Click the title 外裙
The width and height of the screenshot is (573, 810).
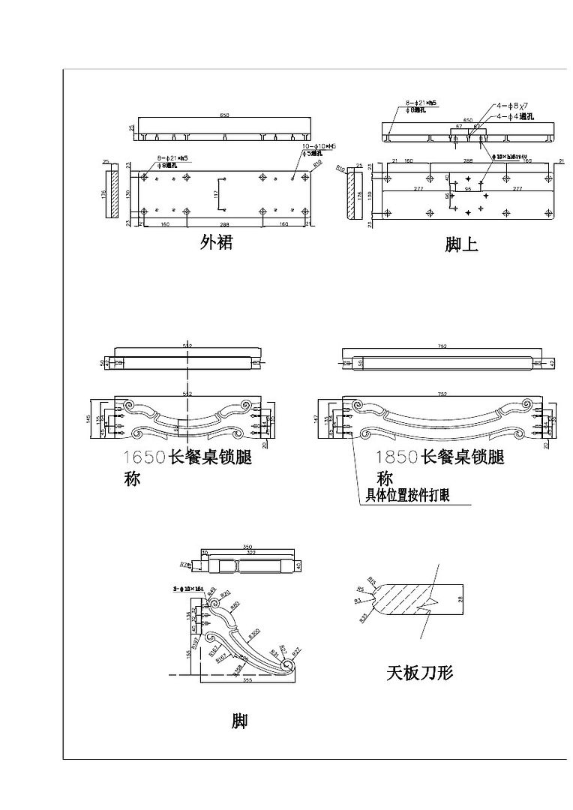(216, 242)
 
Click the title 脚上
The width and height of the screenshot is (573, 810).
(461, 244)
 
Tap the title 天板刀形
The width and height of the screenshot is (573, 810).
(419, 673)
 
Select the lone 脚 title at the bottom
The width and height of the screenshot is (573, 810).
(239, 721)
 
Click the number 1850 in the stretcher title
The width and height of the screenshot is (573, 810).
(397, 457)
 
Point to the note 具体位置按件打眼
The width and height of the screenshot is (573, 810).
(407, 495)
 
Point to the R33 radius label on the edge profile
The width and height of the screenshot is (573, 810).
(364, 618)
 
